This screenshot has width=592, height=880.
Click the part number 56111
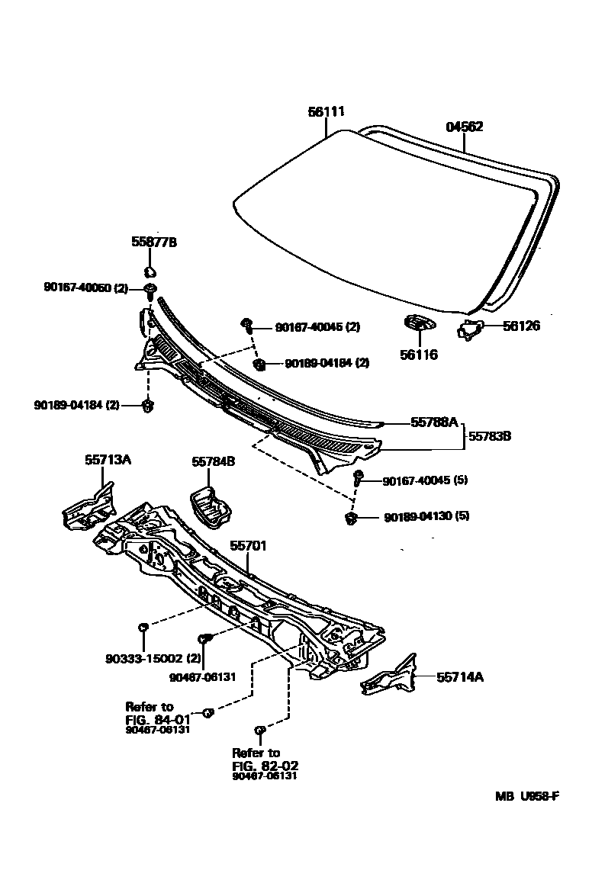tap(327, 111)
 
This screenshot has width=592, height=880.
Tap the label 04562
tap(464, 127)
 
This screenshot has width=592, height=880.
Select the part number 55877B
tap(154, 242)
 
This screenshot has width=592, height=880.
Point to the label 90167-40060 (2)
tap(86, 288)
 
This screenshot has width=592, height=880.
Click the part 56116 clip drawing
tap(418, 324)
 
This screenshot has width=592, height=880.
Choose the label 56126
tap(521, 326)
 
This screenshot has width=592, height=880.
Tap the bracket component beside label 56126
tap(472, 329)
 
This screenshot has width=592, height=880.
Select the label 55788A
tap(433, 422)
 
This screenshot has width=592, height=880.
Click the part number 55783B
tap(489, 436)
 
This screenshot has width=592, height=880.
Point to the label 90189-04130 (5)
tap(426, 516)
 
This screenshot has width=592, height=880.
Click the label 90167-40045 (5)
tap(425, 480)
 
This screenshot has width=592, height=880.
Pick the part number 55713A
tap(108, 460)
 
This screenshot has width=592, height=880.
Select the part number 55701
tap(249, 546)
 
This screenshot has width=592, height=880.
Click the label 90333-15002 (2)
tap(153, 657)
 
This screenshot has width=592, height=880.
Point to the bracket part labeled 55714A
tap(390, 676)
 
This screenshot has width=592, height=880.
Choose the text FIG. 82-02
tap(265, 765)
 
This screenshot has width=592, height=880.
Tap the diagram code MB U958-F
tap(526, 797)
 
